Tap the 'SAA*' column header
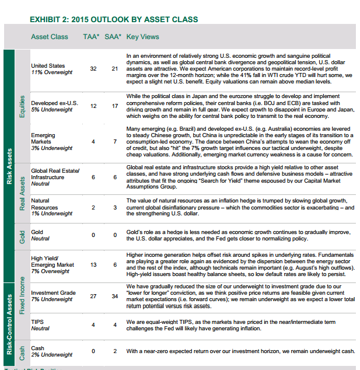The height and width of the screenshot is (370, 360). tap(113, 37)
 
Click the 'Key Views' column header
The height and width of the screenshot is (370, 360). tap(142, 37)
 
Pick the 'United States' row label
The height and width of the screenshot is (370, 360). tap(48, 65)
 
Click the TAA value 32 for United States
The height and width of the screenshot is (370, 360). tap(93, 69)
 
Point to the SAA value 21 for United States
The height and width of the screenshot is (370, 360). tap(114, 69)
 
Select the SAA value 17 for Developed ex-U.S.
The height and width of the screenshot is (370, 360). tap(114, 106)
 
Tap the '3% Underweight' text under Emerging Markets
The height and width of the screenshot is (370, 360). tap(51, 148)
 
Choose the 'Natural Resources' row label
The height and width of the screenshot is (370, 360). tap(44, 204)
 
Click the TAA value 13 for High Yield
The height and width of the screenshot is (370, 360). tap(93, 265)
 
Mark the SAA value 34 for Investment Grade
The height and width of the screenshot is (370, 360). tap(114, 296)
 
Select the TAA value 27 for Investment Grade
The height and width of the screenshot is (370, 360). tap(93, 296)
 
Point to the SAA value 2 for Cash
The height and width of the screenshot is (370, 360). tap(115, 351)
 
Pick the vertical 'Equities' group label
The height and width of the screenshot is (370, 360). tap(22, 107)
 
